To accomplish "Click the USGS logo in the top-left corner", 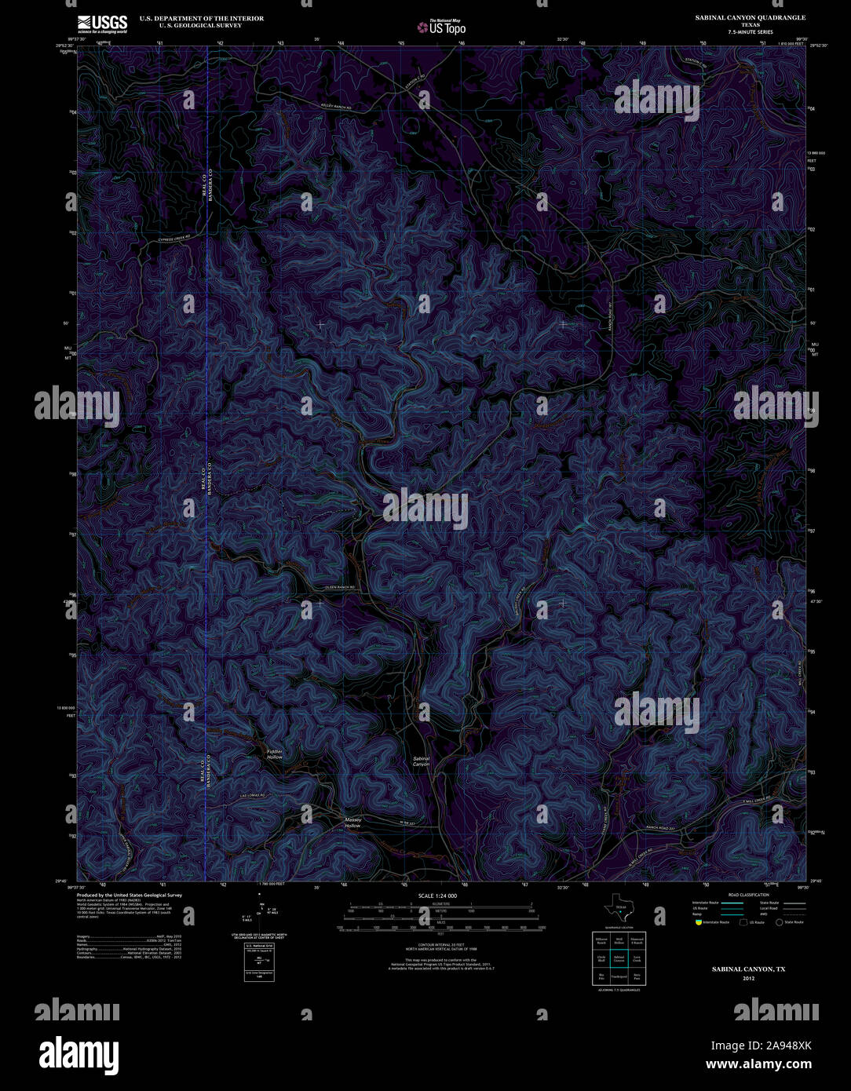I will [x=102, y=24].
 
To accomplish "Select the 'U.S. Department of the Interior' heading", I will [x=202, y=18].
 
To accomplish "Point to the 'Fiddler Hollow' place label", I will [x=274, y=754].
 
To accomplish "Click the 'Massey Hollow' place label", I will [x=352, y=823].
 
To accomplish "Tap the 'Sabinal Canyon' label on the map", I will [x=422, y=761].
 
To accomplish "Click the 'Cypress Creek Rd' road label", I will [x=173, y=238].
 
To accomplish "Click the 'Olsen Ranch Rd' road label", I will [x=340, y=587].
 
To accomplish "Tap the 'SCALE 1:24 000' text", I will [x=437, y=896].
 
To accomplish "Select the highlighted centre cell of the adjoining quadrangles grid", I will [x=620, y=958].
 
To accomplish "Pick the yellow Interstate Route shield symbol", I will [x=698, y=922].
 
